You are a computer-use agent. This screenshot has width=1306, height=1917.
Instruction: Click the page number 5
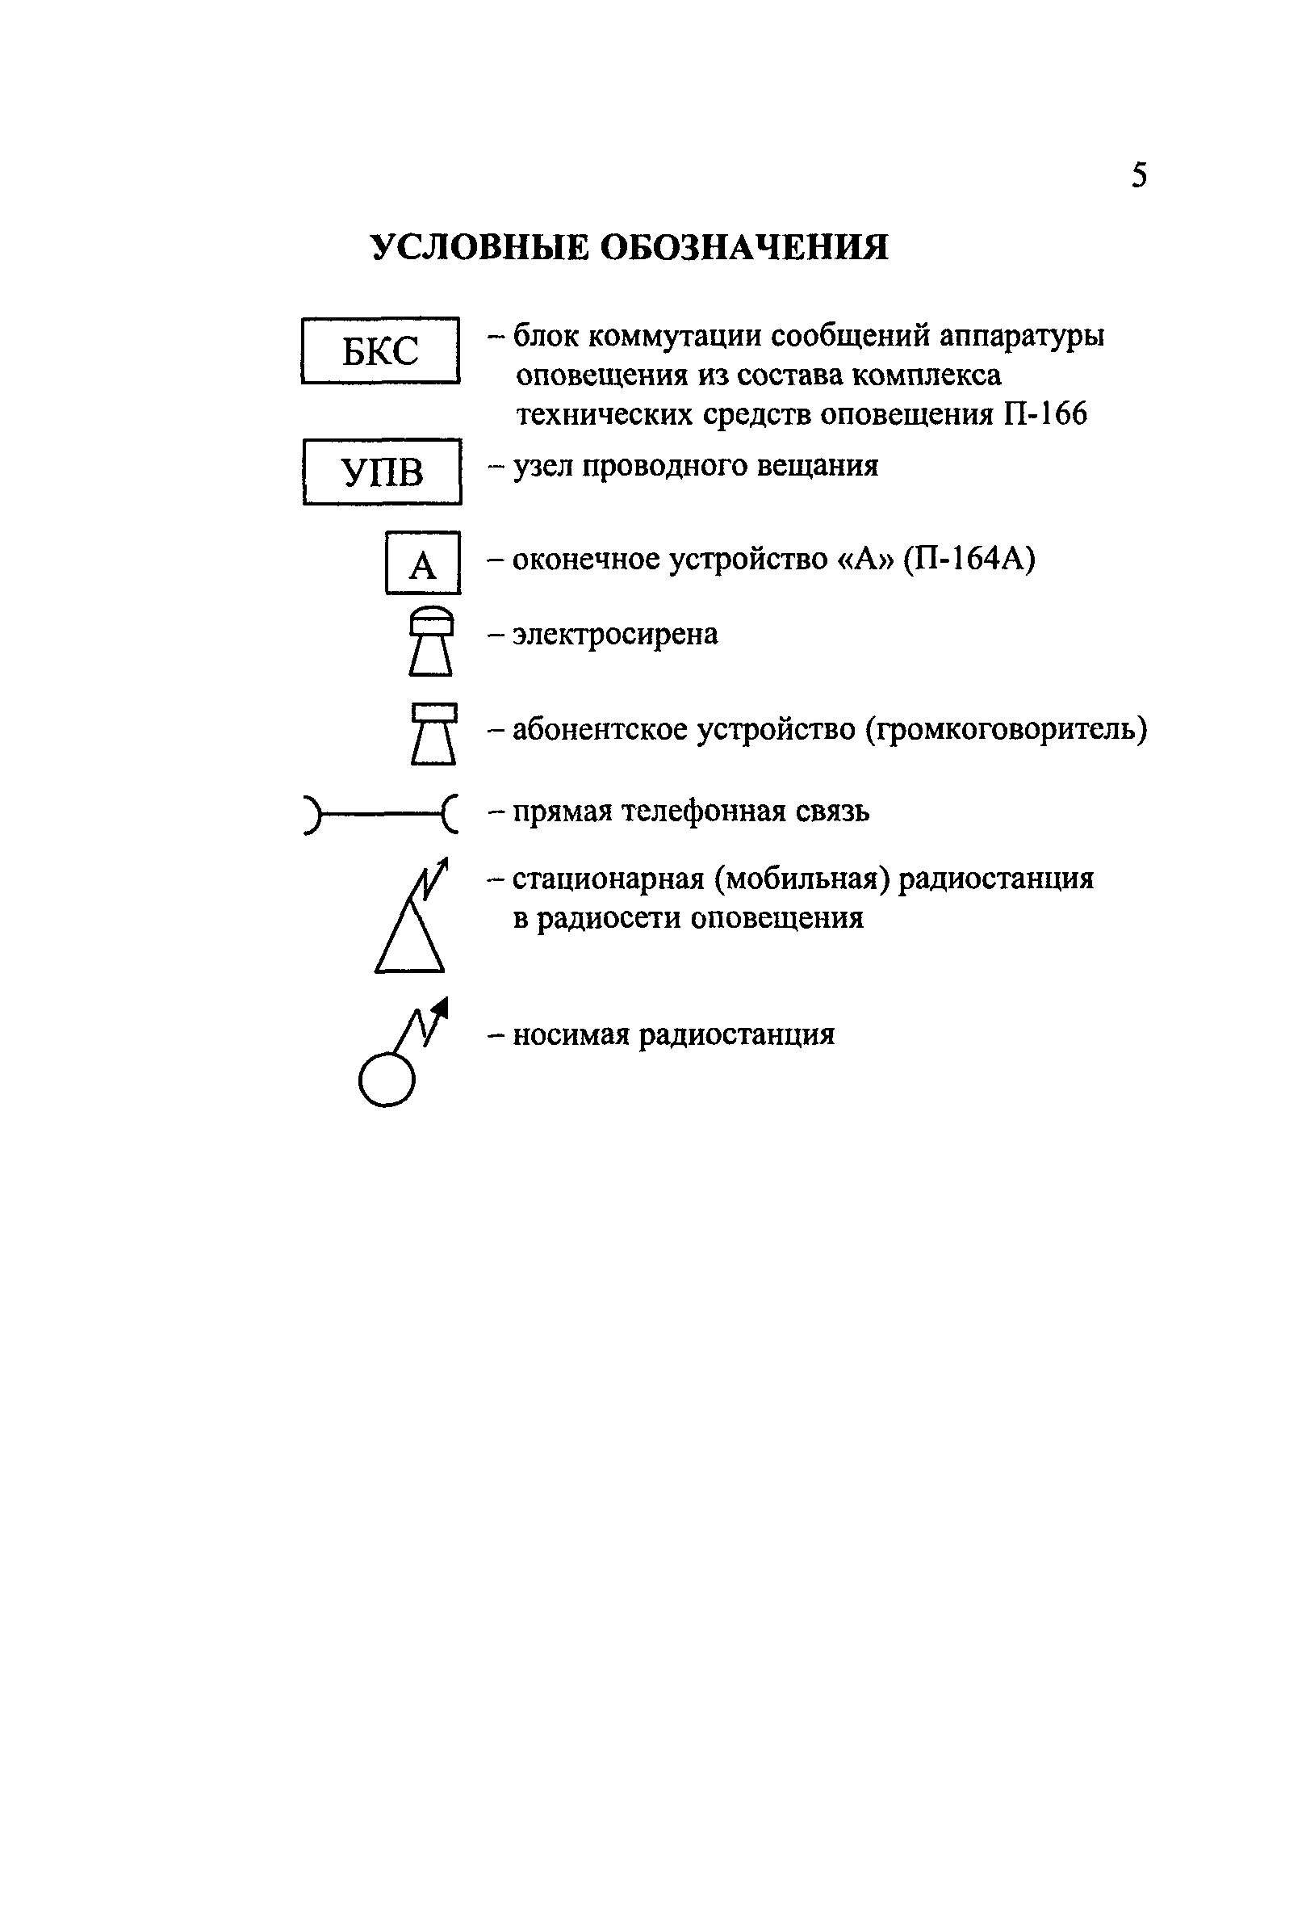1139,176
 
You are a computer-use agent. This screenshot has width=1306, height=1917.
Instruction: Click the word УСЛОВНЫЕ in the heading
479,247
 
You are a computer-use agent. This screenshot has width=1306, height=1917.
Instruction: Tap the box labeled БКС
380,350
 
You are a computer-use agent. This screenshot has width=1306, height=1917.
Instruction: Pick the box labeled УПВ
382,472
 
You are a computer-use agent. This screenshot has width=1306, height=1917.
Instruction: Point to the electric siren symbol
430,641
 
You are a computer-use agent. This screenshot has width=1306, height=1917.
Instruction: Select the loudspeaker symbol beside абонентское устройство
433,733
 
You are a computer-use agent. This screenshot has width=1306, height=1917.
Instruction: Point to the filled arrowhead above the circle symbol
442,1007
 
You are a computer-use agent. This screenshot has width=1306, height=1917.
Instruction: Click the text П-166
1044,413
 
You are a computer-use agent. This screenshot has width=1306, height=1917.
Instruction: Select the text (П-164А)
969,560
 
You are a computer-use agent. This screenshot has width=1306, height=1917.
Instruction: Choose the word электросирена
615,635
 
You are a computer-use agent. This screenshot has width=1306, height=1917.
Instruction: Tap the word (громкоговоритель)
1006,730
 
